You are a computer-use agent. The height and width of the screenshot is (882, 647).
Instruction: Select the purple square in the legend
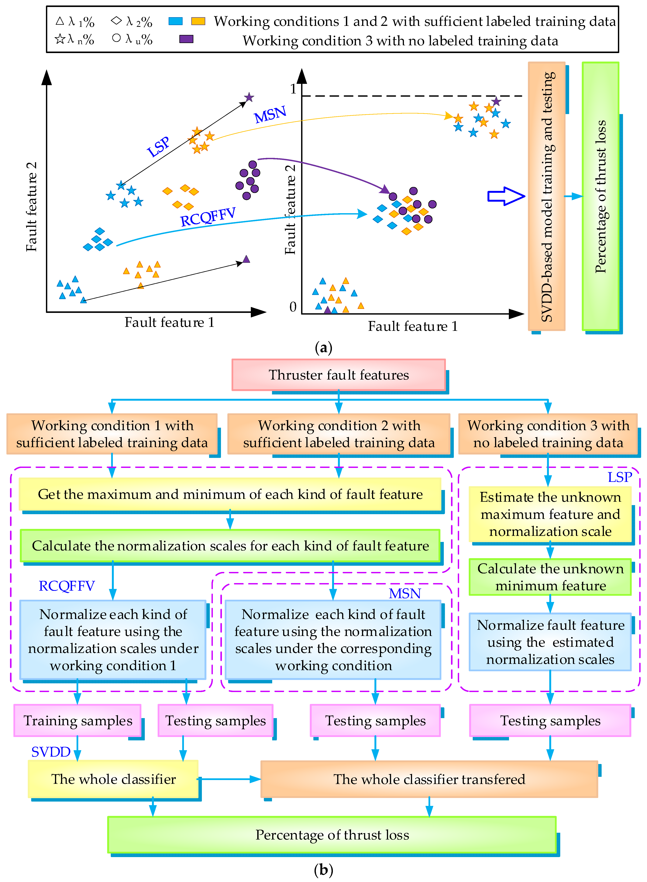[186, 39]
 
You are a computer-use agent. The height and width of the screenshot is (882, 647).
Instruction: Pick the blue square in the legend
[175, 21]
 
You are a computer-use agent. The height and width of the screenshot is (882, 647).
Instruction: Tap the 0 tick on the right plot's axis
[293, 307]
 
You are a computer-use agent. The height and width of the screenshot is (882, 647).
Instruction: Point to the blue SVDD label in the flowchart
[51, 752]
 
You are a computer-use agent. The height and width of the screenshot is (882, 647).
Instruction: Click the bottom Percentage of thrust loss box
[332, 835]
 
